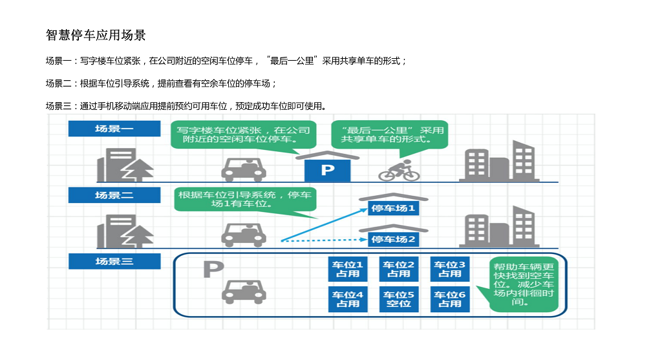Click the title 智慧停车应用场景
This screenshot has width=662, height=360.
click(x=96, y=35)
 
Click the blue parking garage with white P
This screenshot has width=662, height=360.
click(x=328, y=169)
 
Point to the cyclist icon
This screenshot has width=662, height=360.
click(x=399, y=171)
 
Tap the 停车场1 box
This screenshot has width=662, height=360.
click(x=394, y=208)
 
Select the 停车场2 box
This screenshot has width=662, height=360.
click(x=394, y=239)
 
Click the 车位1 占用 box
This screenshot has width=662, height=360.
click(x=347, y=269)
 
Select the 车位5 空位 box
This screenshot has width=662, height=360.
click(x=398, y=299)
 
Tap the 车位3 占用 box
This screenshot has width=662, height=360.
click(x=449, y=269)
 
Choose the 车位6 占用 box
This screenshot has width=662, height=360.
click(x=449, y=299)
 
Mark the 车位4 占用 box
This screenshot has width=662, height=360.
click(x=347, y=299)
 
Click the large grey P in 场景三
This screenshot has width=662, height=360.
click(x=213, y=270)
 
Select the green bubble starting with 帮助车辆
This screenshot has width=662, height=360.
click(x=524, y=284)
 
